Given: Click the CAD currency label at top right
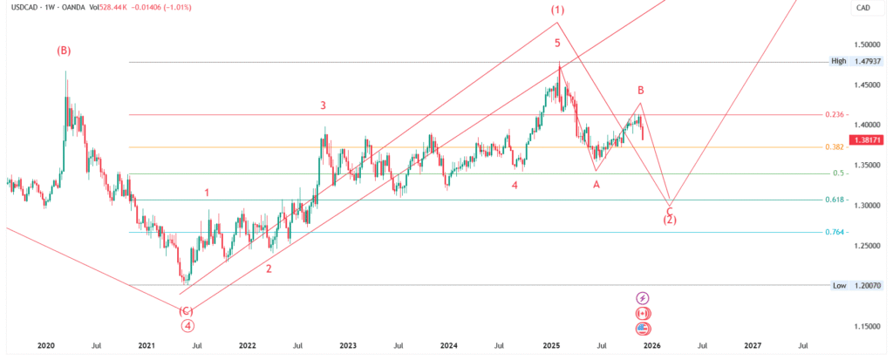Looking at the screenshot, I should coord(863,8).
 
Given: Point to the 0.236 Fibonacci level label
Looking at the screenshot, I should coord(835,115).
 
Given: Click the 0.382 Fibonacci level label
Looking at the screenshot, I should coord(835,146).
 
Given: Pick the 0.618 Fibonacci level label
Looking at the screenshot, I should coord(835,200).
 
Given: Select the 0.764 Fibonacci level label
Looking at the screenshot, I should coord(835,232).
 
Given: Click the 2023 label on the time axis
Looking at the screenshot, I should coord(348,346).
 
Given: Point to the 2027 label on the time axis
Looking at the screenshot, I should coord(753,346).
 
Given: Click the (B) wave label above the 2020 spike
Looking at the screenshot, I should coord(64,51).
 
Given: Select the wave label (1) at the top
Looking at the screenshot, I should coord(557,10).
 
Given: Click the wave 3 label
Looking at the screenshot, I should coord(323,105).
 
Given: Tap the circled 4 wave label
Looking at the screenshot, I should coord(187,326).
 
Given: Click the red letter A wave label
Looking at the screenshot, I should coord(596,184).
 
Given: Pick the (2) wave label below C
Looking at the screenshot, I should coord(669,221).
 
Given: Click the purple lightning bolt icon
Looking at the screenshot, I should coord(644,298).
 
